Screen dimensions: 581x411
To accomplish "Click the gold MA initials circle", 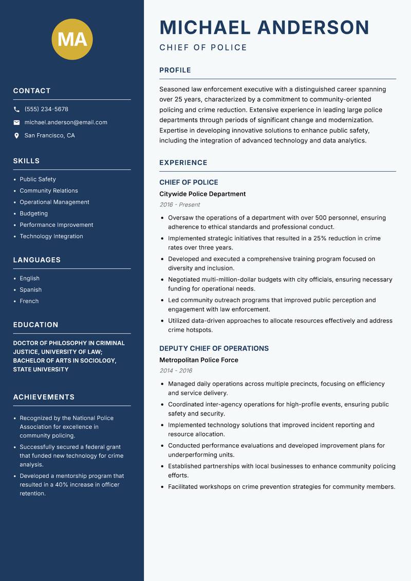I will click(x=72, y=39).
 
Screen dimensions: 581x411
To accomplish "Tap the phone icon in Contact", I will click(x=16, y=110).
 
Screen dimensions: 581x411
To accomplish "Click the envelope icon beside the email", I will click(x=16, y=122).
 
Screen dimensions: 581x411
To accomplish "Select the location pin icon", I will click(x=16, y=136).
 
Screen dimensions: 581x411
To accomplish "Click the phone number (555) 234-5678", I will click(x=46, y=110).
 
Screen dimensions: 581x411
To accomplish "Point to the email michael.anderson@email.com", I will click(x=66, y=122).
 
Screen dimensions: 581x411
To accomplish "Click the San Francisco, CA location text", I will click(x=49, y=136).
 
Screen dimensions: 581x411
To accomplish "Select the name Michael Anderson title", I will click(x=264, y=27).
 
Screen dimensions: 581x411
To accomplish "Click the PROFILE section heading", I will click(x=175, y=70).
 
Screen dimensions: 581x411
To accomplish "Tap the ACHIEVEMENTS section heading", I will click(x=44, y=397).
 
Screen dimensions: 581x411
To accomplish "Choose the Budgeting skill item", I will click(x=33, y=213).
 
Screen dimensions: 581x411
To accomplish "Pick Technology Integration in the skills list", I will click(x=51, y=237).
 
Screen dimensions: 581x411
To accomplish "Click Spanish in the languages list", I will click(x=30, y=290).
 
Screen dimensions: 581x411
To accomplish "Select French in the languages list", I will click(x=29, y=301).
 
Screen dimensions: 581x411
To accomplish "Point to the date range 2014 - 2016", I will click(x=176, y=371).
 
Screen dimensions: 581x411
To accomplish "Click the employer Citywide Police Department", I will click(x=202, y=194).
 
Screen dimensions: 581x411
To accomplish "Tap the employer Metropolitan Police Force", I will click(x=198, y=360).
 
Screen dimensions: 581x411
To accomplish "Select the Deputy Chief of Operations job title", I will click(x=214, y=349).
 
